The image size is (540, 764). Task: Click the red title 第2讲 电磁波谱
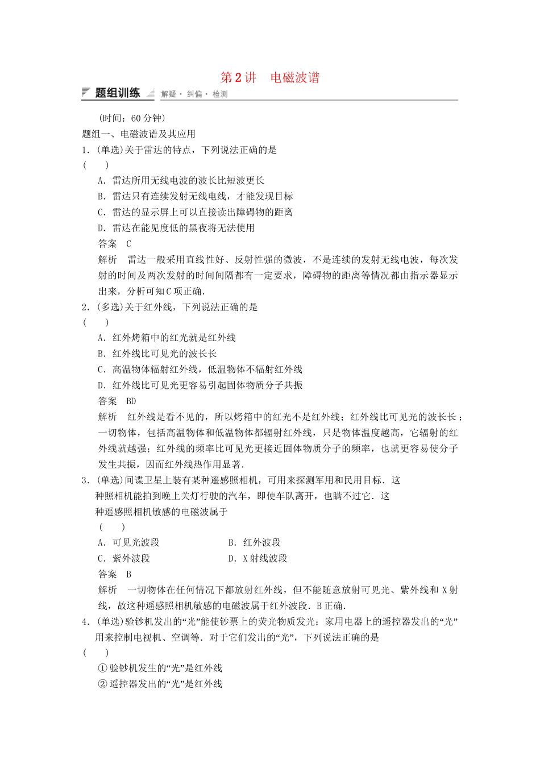[270, 78]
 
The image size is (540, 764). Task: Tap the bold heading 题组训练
[117, 93]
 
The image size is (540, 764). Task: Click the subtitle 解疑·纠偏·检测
[194, 94]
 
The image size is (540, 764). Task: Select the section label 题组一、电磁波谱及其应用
[139, 134]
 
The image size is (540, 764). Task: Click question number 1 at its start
[85, 150]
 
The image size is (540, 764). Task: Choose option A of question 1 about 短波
[181, 181]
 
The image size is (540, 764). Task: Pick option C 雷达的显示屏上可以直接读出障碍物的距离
[195, 212]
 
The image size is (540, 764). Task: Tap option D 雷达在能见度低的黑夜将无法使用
[176, 228]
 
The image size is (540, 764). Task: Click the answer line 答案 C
[115, 244]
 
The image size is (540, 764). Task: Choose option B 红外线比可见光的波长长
[157, 354]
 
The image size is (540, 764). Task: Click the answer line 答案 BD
[117, 401]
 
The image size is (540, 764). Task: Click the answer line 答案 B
[115, 574]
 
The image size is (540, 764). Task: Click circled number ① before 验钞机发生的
[102, 668]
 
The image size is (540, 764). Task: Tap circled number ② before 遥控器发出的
[102, 684]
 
